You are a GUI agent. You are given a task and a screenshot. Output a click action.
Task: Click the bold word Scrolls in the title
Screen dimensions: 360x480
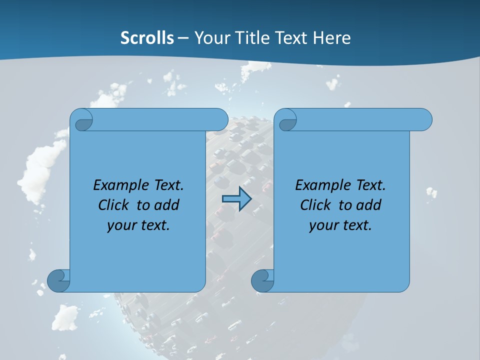tap(147, 38)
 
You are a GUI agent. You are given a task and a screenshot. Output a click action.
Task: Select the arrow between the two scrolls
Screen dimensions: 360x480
tap(236, 199)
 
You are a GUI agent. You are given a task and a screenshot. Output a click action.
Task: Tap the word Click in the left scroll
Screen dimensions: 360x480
tap(113, 205)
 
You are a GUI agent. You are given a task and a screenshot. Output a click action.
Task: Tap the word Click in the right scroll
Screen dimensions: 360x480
tap(315, 205)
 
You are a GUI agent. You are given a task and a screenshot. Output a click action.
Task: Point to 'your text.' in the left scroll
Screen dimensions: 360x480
tap(138, 225)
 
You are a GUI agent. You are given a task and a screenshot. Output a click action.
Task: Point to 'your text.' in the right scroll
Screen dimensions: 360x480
tap(340, 225)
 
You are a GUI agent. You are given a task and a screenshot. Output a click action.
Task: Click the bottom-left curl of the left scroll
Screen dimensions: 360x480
tap(59, 280)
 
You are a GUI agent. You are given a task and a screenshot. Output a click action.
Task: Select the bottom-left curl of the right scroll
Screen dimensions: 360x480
tap(263, 280)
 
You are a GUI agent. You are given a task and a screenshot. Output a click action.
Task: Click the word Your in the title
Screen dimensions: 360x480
tap(211, 38)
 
